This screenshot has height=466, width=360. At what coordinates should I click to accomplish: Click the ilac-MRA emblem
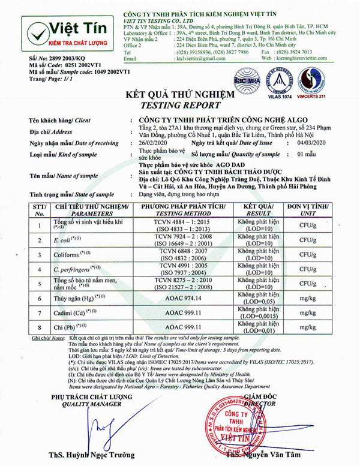pos(245,75)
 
